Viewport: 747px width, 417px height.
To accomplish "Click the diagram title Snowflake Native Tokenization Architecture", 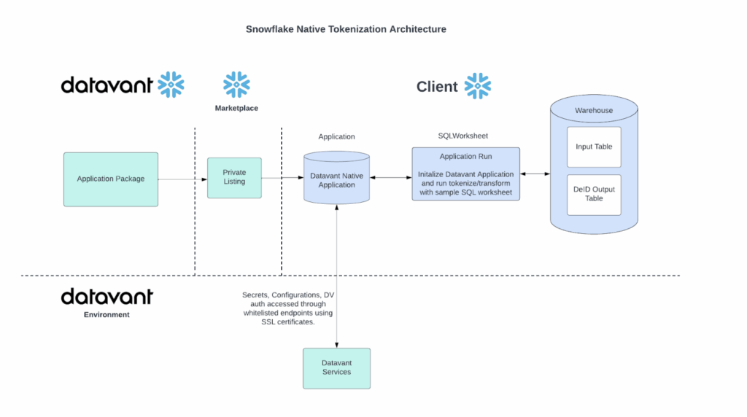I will click(x=346, y=29).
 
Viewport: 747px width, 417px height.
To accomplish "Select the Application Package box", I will click(x=111, y=179).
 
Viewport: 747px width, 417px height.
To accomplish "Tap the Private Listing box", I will click(x=234, y=177).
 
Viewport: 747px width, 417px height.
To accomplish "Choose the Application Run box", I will click(x=465, y=174).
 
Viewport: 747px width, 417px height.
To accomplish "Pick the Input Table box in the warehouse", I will click(x=594, y=147).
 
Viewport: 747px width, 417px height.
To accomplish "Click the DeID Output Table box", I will click(x=594, y=194).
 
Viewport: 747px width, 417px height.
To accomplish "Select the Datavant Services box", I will click(x=336, y=367).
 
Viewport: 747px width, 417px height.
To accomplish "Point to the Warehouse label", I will click(x=594, y=111).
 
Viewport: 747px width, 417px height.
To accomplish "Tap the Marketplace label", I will click(x=236, y=108).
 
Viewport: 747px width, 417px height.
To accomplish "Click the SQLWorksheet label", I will click(x=462, y=136).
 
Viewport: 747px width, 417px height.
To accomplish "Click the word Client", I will click(x=437, y=87).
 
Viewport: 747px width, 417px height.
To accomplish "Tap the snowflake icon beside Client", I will click(x=478, y=86).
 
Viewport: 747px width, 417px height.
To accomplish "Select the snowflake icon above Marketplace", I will click(x=236, y=85).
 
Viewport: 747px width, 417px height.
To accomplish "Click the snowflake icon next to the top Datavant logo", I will click(x=171, y=85).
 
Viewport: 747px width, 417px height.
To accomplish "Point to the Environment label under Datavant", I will click(x=107, y=315).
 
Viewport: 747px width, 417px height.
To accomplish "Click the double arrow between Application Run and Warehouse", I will click(x=535, y=174).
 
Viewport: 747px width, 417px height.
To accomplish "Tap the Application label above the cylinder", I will click(x=336, y=136).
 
